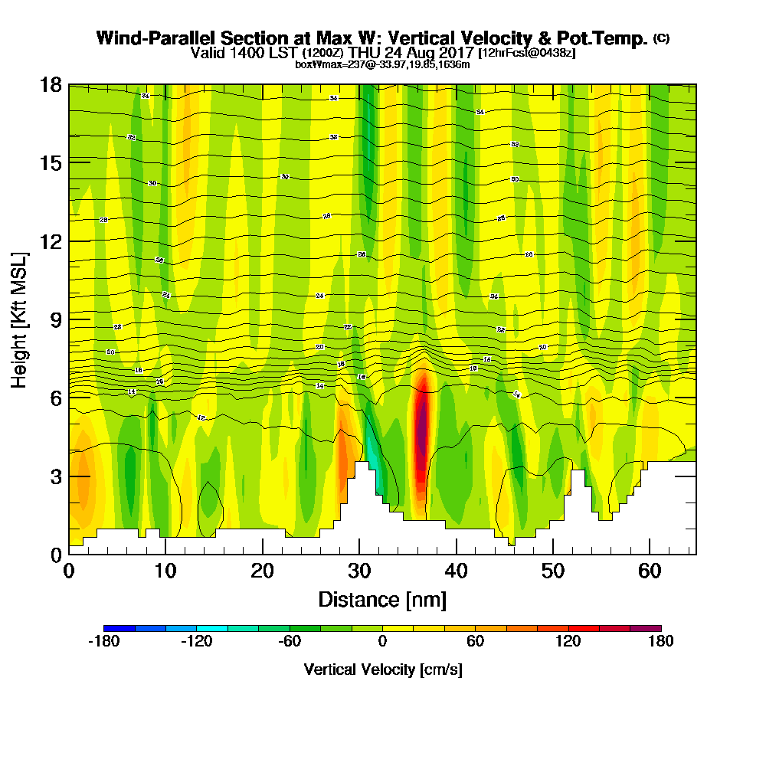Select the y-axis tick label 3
[x=55, y=476]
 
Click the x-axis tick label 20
[x=263, y=571]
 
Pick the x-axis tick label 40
[x=456, y=571]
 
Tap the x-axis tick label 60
[x=650, y=571]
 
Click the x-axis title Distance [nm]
[x=382, y=599]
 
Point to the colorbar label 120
[x=568, y=642]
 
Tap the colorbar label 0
[x=382, y=642]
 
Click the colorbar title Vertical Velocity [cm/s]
[x=382, y=669]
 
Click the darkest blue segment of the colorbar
[x=119, y=628]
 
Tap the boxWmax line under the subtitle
[x=382, y=64]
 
